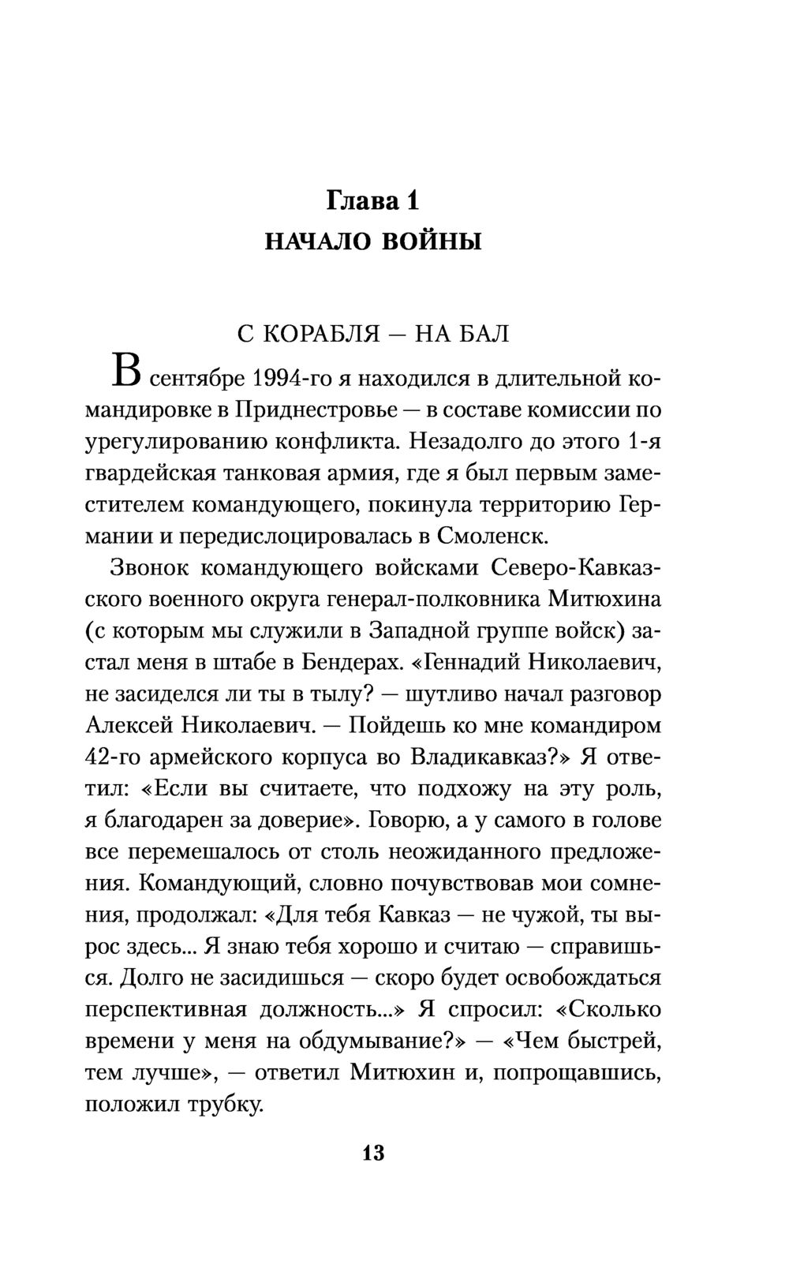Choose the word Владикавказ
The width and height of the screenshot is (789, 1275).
tap(489, 757)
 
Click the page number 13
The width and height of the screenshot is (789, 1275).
tap(372, 1153)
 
